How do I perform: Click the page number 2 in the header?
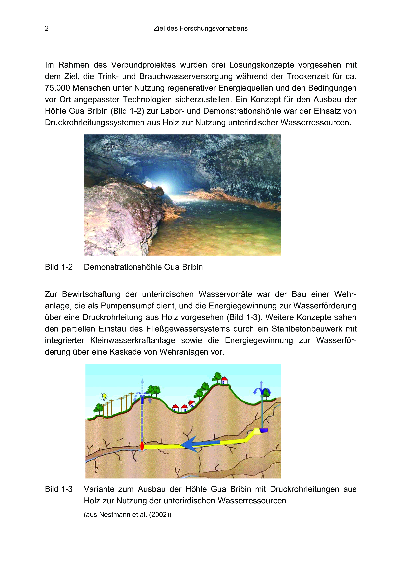(x=47, y=29)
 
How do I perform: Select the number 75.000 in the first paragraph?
(x=57, y=88)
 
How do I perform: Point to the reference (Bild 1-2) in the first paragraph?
(x=127, y=111)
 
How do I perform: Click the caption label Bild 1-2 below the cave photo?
(x=59, y=267)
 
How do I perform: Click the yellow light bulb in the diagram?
(x=104, y=397)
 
